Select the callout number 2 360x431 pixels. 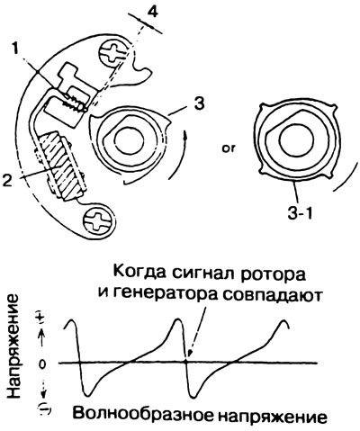point(8,179)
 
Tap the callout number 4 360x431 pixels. point(152,12)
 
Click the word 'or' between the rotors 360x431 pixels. point(229,148)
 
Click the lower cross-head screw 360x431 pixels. point(99,222)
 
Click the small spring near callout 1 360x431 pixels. point(73,102)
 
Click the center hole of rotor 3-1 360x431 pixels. point(297,139)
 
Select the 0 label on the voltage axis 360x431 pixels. point(42,364)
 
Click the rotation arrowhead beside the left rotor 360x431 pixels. point(185,138)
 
